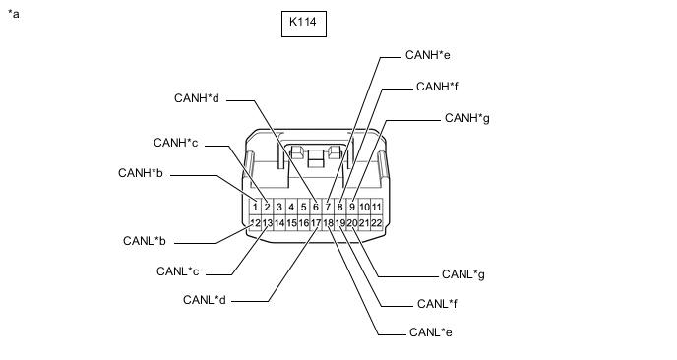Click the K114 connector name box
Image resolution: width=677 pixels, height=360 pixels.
pyautogui.click(x=304, y=25)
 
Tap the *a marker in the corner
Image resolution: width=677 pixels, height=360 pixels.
pyautogui.click(x=14, y=14)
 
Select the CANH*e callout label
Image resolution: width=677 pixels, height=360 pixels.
pyautogui.click(x=427, y=55)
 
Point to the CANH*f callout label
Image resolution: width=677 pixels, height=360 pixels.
pyautogui.click(x=437, y=87)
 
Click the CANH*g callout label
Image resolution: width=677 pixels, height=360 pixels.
pyautogui.click(x=467, y=118)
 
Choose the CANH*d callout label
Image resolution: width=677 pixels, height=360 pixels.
pyautogui.click(x=197, y=98)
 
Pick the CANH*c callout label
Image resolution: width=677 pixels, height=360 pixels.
pyautogui.click(x=176, y=143)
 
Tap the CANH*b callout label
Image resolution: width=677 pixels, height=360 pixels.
pyautogui.click(x=141, y=173)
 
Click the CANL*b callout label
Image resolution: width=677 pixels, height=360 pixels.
pyautogui.click(x=145, y=241)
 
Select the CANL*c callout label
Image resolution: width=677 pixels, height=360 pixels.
pyautogui.click(x=177, y=271)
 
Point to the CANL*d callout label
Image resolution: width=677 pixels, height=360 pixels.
pyautogui.click(x=205, y=300)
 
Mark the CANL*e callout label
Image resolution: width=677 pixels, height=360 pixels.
pyautogui.click(x=430, y=332)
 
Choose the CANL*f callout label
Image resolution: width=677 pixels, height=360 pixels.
pyautogui.click(x=437, y=304)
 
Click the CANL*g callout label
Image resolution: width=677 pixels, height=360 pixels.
pyautogui.click(x=463, y=274)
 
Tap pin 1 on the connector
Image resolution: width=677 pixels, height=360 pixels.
pyautogui.click(x=256, y=207)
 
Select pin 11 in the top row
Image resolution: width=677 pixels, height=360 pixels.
pyautogui.click(x=377, y=207)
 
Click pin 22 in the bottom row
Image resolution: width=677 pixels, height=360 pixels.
pyautogui.click(x=377, y=223)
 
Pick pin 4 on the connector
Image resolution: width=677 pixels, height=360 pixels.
pyautogui.click(x=291, y=207)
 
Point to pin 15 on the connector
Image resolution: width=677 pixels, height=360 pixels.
pyautogui.click(x=291, y=223)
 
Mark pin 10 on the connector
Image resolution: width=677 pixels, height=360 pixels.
pyautogui.click(x=364, y=207)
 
